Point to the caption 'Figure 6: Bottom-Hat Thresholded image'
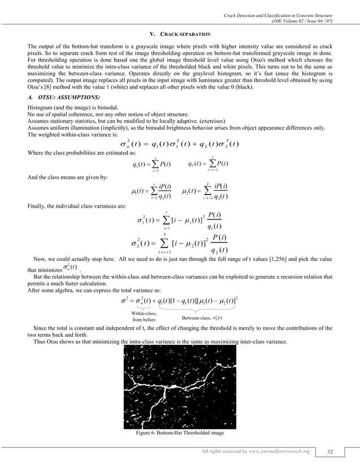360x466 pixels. (x=180, y=433)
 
